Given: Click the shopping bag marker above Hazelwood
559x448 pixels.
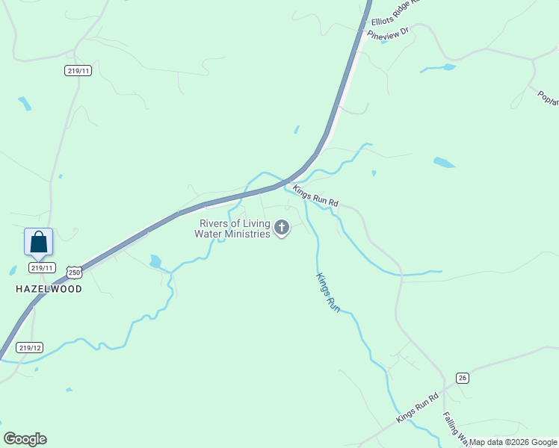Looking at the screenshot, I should (x=39, y=243).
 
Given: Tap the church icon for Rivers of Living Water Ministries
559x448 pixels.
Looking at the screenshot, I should (x=282, y=227).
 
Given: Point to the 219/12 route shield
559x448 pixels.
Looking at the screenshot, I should (x=30, y=347).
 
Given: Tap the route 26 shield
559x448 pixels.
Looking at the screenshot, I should (x=463, y=377).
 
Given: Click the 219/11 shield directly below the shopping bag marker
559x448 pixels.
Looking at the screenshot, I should (x=42, y=267).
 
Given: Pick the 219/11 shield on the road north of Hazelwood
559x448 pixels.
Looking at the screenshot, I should (x=78, y=71).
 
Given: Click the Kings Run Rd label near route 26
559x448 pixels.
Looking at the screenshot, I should (x=416, y=408).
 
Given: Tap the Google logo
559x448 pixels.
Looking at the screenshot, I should (x=25, y=439).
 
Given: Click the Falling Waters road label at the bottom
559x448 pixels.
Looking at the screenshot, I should (x=454, y=429).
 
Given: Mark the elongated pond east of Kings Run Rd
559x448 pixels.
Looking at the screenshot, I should (x=444, y=162).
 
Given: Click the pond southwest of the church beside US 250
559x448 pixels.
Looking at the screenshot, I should (x=155, y=261).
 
